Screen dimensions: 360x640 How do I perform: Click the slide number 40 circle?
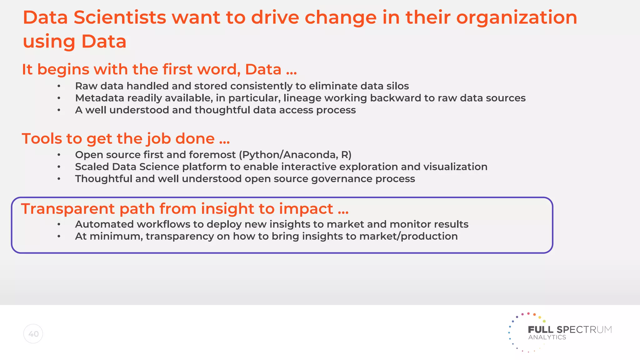pyautogui.click(x=33, y=334)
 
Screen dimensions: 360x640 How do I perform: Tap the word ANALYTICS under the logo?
pyautogui.click(x=547, y=337)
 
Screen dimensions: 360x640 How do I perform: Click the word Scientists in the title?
pyautogui.click(x=120, y=17)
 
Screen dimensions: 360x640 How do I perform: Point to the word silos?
pyautogui.click(x=396, y=86)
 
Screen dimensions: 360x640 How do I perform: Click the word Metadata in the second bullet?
pyautogui.click(x=100, y=98)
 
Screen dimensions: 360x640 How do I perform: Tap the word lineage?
pyautogui.click(x=302, y=98)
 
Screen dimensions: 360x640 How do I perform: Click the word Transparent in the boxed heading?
pyautogui.click(x=68, y=209)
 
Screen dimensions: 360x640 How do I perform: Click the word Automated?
pyautogui.click(x=104, y=224)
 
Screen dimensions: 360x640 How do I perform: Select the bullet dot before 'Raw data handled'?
pyautogui.click(x=59, y=86)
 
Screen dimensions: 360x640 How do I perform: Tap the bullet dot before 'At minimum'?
pyautogui.click(x=59, y=237)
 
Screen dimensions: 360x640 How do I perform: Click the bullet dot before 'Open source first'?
pyautogui.click(x=59, y=155)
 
